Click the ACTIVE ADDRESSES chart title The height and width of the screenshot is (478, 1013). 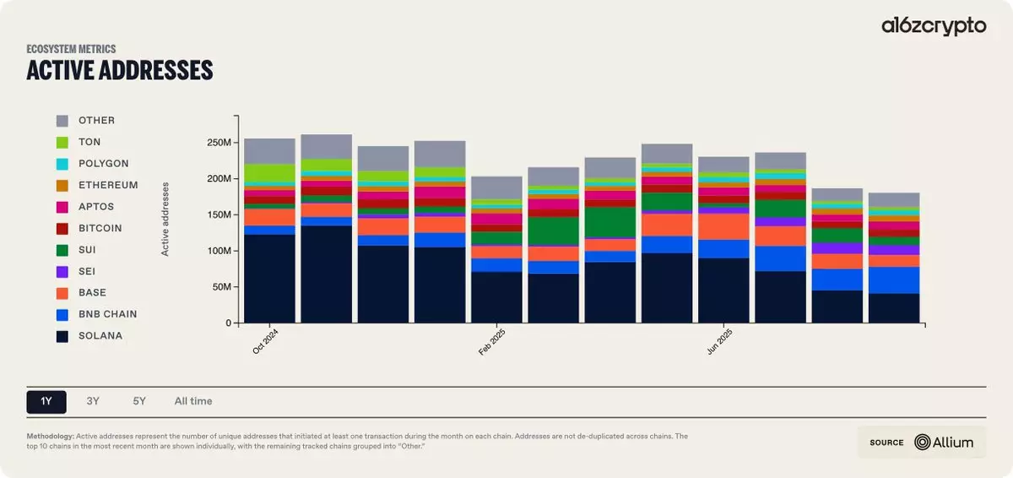(x=119, y=70)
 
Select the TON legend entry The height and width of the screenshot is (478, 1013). (x=89, y=142)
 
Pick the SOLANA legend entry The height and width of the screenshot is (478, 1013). (x=100, y=335)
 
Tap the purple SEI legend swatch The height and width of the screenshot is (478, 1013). (x=62, y=271)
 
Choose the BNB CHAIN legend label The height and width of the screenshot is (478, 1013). (x=107, y=314)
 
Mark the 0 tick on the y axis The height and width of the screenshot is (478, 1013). (x=226, y=323)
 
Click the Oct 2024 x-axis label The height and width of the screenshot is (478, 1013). (x=266, y=340)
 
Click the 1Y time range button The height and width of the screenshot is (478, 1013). (x=46, y=401)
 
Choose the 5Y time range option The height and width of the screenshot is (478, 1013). (x=139, y=401)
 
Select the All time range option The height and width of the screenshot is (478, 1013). (x=193, y=401)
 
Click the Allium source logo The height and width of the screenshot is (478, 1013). (x=945, y=442)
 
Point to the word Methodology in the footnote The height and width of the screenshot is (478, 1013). (x=50, y=436)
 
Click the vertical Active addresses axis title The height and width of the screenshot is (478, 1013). (x=165, y=219)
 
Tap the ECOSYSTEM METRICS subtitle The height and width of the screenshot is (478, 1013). (x=71, y=49)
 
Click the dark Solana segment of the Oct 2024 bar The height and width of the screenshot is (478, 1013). (x=269, y=279)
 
